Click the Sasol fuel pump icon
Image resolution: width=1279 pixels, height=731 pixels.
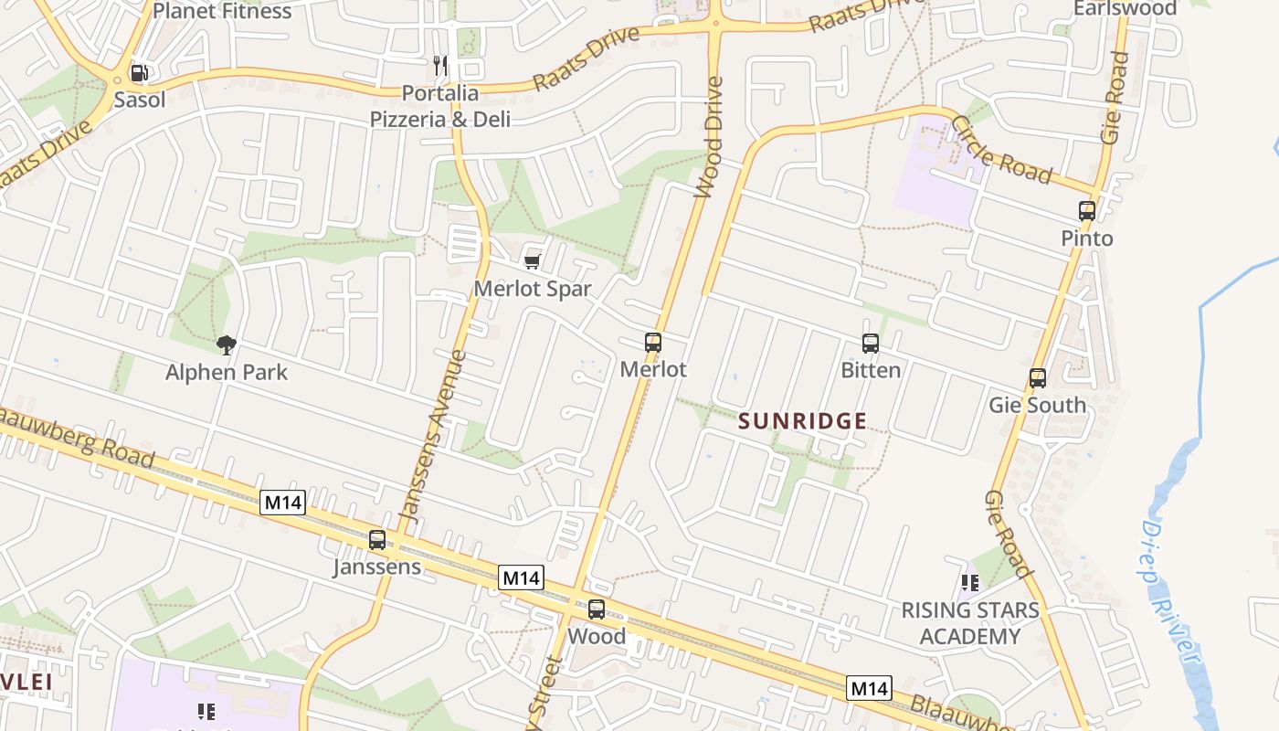[139, 73]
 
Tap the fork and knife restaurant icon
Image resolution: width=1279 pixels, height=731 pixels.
[440, 65]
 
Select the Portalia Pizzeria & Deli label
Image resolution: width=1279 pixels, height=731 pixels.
[440, 106]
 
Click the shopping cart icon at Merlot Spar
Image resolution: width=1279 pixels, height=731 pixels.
[533, 262]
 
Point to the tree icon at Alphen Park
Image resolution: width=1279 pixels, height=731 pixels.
[227, 344]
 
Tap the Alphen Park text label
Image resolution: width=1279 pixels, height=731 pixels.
[227, 372]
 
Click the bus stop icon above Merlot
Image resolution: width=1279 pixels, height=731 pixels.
[653, 343]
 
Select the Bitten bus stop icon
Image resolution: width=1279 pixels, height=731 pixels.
[871, 344]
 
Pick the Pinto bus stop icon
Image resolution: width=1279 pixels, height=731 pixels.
[1087, 211]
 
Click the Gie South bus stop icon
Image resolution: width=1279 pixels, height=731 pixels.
[1038, 377]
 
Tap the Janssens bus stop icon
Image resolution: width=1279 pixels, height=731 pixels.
[377, 540]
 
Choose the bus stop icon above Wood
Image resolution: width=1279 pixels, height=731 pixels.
[597, 609]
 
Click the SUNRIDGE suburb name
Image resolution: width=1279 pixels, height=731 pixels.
[802, 421]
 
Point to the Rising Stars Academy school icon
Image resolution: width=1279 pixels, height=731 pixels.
[970, 582]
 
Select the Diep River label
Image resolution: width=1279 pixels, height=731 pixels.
[1171, 594]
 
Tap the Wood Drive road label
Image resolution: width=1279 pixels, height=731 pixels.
[709, 137]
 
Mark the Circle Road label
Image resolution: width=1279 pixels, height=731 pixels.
[1001, 150]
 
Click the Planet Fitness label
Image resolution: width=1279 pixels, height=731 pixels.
[222, 11]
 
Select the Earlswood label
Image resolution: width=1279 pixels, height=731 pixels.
[1125, 8]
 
